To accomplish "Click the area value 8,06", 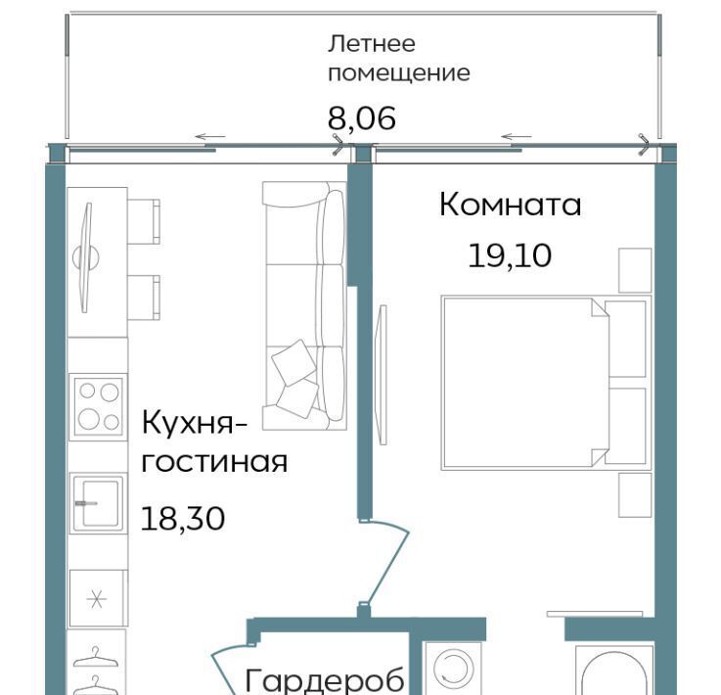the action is click(361, 117).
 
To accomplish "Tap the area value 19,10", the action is click(510, 255).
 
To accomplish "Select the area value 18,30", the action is click(183, 519).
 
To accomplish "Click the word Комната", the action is click(510, 205).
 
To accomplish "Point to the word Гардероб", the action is click(325, 680).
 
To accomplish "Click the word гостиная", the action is click(214, 462).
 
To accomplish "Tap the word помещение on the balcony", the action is click(399, 73).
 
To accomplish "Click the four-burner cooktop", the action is click(99, 406).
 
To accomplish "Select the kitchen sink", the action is click(98, 503).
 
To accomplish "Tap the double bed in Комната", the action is click(546, 383).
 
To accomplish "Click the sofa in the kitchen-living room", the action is click(304, 305).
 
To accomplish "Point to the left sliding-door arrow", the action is click(210, 136).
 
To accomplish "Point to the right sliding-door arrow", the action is click(516, 136).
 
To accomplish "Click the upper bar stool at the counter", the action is click(144, 221).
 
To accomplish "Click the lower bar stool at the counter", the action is click(144, 298).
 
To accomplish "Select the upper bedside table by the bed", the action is click(635, 270).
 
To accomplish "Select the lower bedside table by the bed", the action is click(635, 495).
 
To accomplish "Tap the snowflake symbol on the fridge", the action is click(97, 598).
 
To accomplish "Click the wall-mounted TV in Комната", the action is click(382, 374).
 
